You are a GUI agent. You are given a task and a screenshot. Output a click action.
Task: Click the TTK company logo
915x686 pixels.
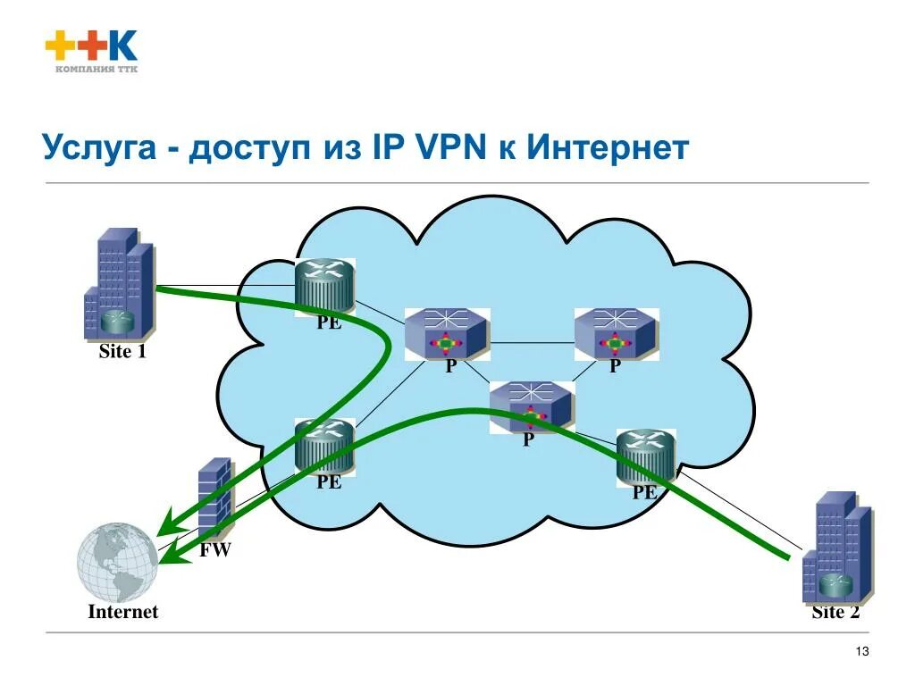(x=91, y=53)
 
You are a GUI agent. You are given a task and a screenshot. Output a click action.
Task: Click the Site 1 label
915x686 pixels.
(x=122, y=352)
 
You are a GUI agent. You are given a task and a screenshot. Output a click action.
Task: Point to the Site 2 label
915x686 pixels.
(x=835, y=612)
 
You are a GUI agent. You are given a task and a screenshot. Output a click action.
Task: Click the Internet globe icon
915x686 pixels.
(x=118, y=561)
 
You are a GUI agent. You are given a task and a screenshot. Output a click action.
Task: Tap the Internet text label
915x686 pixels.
(x=122, y=612)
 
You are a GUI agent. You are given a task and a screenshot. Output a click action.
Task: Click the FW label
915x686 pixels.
(x=215, y=550)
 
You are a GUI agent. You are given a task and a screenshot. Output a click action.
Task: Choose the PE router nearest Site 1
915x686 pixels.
(x=326, y=285)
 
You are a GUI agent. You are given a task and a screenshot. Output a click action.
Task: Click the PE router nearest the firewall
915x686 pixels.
(x=325, y=446)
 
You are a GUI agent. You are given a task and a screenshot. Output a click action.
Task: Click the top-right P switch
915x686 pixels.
(x=616, y=334)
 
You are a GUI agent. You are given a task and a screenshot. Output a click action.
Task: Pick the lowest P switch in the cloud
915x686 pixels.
(x=530, y=406)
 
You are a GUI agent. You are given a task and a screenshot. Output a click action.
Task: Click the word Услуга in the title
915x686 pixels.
(x=107, y=147)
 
